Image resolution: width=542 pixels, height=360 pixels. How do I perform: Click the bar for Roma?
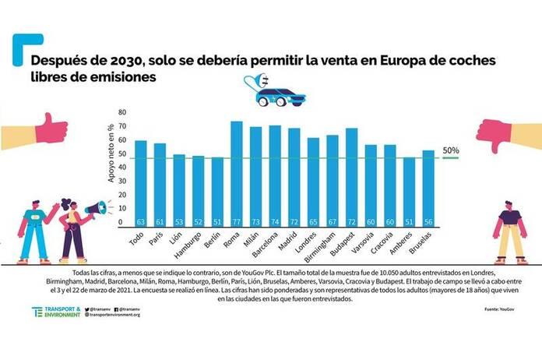[236, 174]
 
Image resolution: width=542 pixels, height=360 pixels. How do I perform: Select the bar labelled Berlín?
[216, 192]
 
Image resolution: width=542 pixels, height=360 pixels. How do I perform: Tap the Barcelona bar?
[274, 176]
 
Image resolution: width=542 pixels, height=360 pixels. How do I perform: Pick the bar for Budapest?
[351, 178]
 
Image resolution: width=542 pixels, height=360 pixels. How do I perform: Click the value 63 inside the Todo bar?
[141, 221]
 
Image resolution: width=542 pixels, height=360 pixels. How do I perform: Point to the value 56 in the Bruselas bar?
[428, 221]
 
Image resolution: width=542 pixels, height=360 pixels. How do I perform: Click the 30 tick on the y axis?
[121, 180]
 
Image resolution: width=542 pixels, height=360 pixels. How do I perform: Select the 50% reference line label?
[451, 150]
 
